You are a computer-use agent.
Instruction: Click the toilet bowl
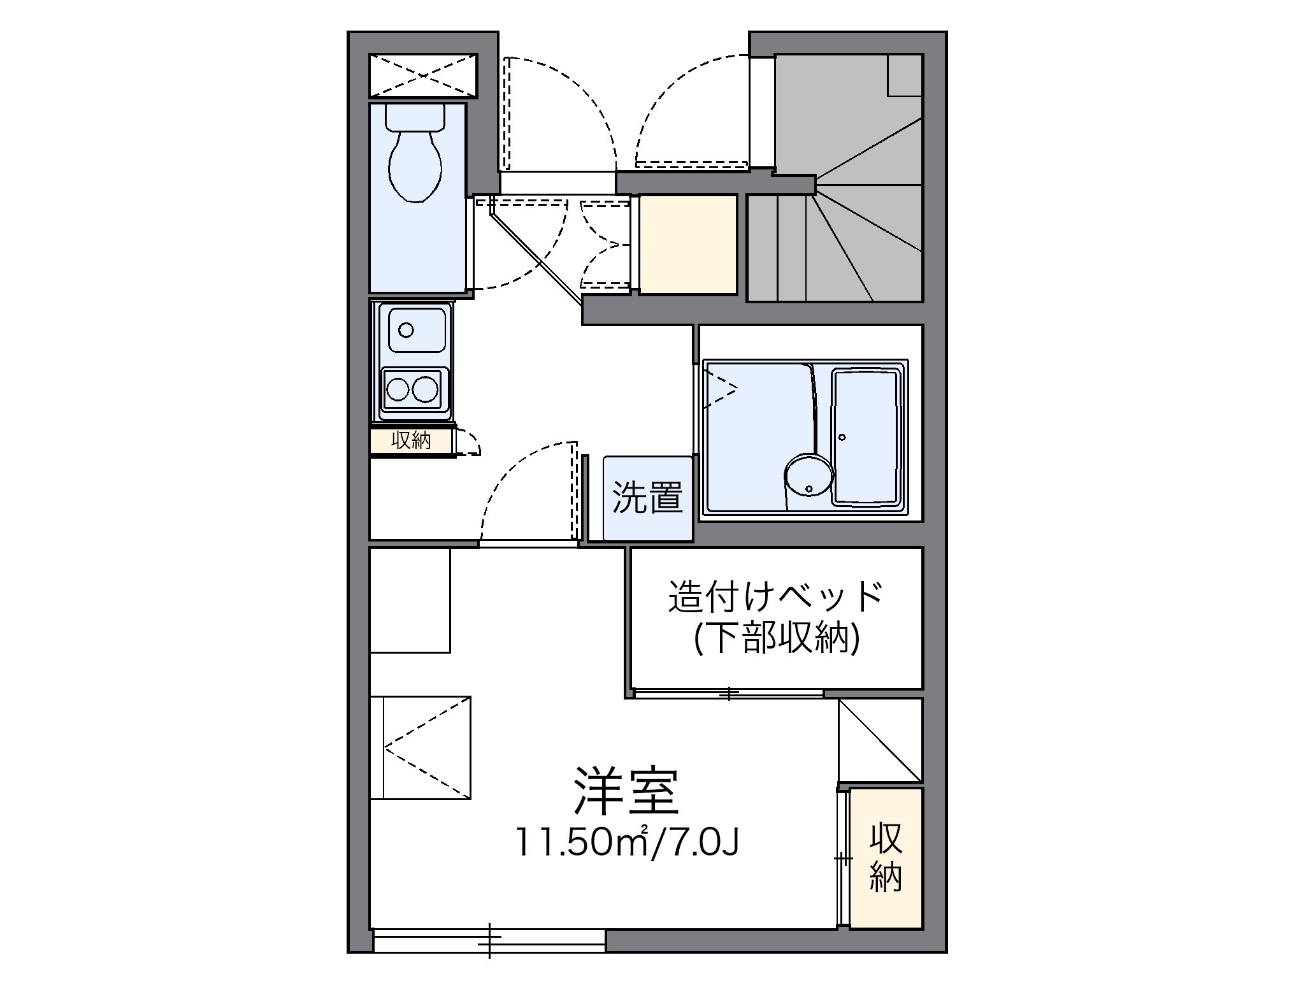pos(415,167)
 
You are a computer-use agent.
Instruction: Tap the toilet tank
pos(415,117)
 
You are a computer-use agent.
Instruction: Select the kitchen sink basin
pos(415,329)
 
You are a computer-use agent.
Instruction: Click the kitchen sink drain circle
pos(405,330)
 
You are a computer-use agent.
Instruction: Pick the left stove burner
pos(398,389)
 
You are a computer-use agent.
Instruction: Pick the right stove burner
pos(426,389)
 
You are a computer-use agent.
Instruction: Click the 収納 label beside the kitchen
pos(411,440)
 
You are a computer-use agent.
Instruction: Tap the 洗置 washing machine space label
pos(647,498)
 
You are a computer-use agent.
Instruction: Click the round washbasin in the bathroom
pos(808,477)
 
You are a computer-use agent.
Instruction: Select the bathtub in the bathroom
pos(868,438)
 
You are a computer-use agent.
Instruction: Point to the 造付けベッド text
pos(775,596)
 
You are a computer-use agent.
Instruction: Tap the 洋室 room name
pos(626,792)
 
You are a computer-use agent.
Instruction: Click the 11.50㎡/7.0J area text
pos(628,842)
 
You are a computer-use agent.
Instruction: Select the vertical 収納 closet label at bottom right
pos(886,857)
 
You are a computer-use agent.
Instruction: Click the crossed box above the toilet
pos(423,76)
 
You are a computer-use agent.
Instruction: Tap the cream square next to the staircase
pos(688,245)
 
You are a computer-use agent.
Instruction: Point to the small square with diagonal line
pos(880,740)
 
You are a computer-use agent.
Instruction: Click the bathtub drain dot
pos(842,438)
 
